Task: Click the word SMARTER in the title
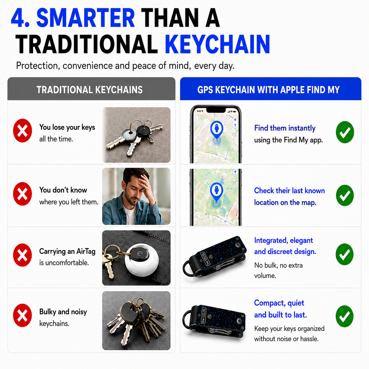[x=86, y=18]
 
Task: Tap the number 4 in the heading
[x=18, y=18]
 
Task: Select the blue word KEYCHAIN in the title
[x=217, y=44]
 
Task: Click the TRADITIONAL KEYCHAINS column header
[x=90, y=90]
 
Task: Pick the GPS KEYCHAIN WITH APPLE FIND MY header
[x=268, y=90]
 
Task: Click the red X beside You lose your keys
[x=23, y=130]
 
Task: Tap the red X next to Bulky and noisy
[x=23, y=315]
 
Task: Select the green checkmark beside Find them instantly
[x=345, y=132]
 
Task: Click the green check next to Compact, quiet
[x=345, y=316]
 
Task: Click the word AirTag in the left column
[x=86, y=251]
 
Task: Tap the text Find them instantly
[x=285, y=128]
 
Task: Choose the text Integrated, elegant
[x=284, y=240]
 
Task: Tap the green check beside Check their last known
[x=345, y=195]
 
